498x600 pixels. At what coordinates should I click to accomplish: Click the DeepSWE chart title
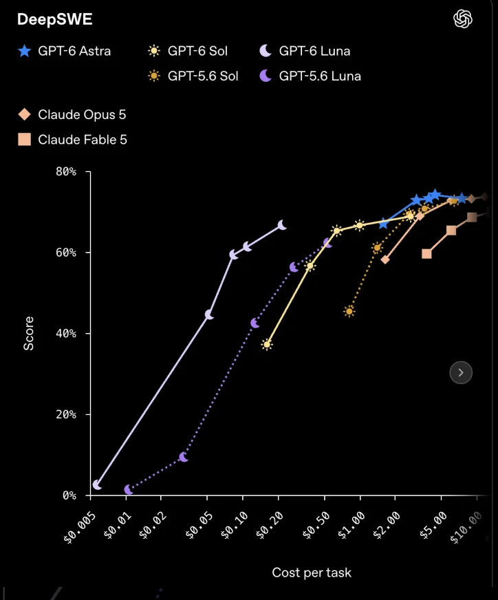55,19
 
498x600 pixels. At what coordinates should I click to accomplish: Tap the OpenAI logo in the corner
462,19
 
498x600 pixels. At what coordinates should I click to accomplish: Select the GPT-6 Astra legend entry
64,51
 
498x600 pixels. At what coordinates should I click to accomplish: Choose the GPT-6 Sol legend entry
187,51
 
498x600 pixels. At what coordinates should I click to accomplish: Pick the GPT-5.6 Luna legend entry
310,76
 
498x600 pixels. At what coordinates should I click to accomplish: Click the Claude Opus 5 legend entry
72,114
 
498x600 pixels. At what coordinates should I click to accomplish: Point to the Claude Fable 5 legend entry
72,140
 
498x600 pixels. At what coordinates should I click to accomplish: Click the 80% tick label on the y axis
66,171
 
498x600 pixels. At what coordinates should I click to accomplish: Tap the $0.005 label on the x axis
80,527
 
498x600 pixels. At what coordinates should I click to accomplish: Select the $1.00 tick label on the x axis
351,526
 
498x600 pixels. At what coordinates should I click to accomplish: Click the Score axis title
29,333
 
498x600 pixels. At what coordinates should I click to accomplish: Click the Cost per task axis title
312,572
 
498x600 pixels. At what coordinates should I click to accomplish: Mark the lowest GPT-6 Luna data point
97,485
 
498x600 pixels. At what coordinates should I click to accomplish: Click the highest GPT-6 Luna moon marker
282,225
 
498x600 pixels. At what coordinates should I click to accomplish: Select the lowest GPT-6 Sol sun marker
267,345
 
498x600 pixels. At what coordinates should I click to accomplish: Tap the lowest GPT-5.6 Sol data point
349,312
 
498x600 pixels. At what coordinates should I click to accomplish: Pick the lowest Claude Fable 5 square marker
426,254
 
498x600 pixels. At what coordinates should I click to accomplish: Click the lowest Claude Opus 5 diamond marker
385,259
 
